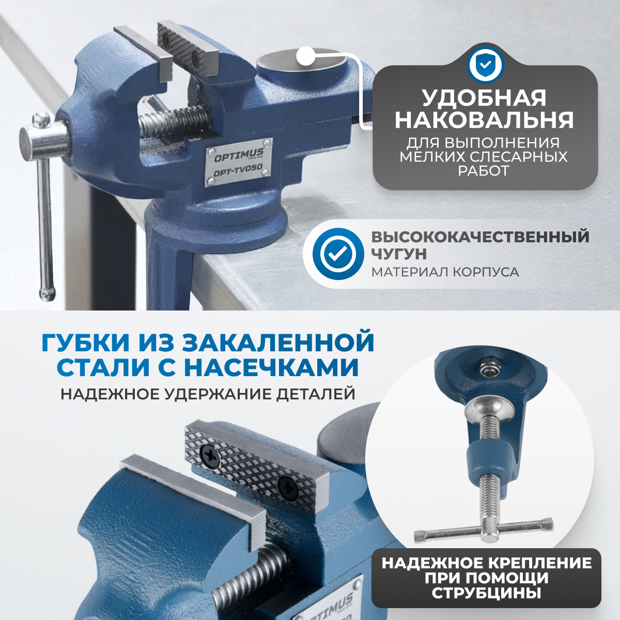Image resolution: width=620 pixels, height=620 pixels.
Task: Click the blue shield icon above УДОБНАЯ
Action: click(x=485, y=65)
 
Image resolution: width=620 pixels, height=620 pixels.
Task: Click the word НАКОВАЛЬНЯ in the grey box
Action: click(x=484, y=120)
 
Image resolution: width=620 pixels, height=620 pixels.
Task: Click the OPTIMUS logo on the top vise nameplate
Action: click(x=239, y=155)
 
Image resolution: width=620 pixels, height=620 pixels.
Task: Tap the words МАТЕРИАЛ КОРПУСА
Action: click(x=445, y=272)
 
